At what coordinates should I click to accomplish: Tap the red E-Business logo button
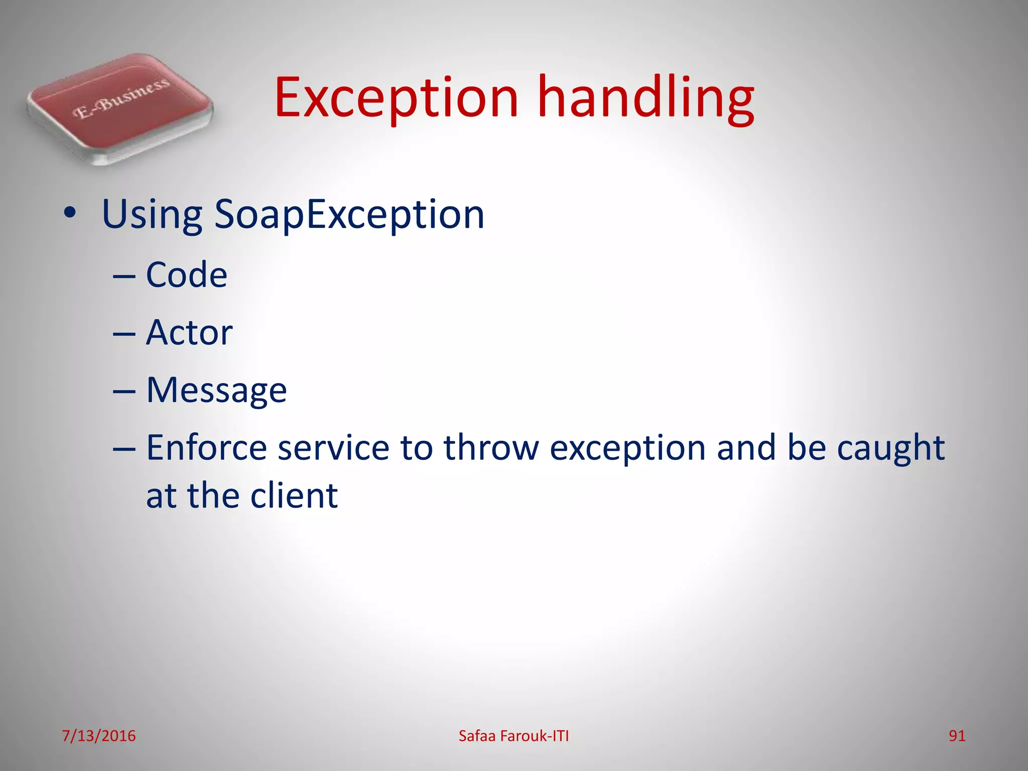120,108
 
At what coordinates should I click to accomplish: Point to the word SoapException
349,215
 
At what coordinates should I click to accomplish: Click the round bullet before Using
70,213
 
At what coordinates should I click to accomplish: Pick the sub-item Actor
189,333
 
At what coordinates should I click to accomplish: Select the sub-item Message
216,391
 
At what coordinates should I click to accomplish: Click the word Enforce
206,448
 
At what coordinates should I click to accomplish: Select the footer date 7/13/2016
99,736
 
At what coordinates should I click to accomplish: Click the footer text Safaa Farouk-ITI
513,736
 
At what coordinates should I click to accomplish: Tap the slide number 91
957,736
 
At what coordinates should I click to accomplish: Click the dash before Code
124,276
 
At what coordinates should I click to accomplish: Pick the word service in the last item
333,448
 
